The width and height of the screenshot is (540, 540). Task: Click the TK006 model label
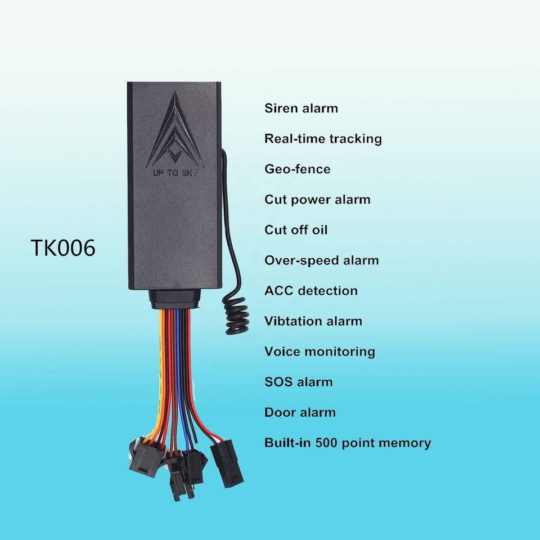pos(62,248)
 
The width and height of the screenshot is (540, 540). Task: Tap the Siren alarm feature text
pos(301,108)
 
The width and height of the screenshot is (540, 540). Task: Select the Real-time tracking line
pos(323,138)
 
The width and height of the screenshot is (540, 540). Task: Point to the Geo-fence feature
pos(297,169)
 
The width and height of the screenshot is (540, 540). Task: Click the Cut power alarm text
pos(317,200)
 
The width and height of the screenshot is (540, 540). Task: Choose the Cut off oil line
pos(296,230)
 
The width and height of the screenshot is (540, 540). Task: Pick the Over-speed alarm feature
pos(321,260)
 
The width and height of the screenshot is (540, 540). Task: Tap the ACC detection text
pos(310,291)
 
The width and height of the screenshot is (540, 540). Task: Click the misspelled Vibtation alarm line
pos(313,321)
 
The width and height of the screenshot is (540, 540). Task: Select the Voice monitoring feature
pos(319,352)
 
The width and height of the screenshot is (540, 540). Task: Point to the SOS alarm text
pos(298,382)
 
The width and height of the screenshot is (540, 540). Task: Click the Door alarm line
pos(300,412)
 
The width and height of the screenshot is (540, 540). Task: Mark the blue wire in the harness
pos(178,366)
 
